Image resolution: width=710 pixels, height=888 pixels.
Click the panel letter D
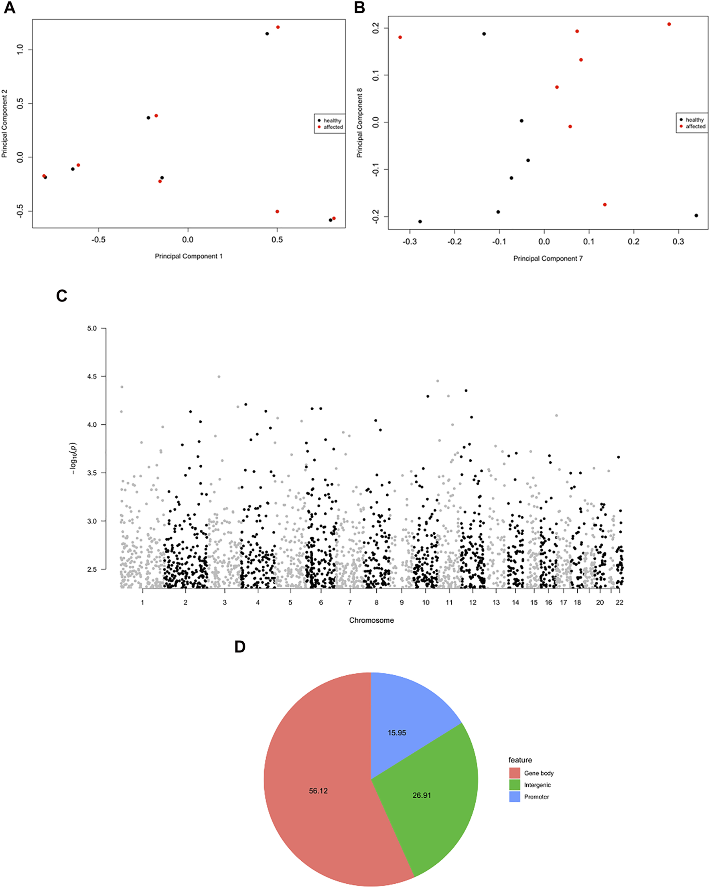[239, 647]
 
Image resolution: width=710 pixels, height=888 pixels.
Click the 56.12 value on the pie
[318, 791]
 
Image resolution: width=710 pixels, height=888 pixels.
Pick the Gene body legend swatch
[515, 773]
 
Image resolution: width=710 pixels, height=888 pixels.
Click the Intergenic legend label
[537, 785]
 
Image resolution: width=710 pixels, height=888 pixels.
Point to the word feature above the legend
[520, 760]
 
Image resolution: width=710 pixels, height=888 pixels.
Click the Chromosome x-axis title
[371, 620]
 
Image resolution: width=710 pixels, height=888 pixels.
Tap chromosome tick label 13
[496, 602]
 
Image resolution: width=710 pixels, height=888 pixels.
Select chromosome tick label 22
[619, 602]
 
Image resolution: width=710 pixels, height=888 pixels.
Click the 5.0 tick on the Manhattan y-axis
[92, 328]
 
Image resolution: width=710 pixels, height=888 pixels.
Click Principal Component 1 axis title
[189, 256]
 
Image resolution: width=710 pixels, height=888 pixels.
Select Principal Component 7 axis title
[548, 259]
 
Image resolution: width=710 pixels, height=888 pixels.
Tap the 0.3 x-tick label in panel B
[678, 241]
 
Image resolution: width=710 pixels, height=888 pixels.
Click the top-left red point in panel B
[400, 37]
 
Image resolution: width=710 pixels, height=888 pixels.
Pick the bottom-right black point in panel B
[696, 216]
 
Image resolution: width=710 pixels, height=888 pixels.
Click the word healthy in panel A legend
[332, 121]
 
